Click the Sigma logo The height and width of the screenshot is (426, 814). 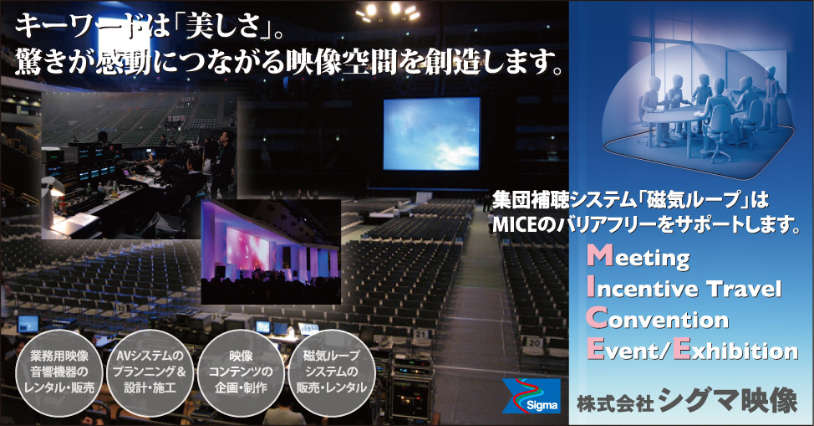coord(531,396)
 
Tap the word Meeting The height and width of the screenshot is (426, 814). coord(638,257)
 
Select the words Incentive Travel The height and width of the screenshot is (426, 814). coord(684,288)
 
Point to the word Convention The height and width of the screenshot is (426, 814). coord(658,319)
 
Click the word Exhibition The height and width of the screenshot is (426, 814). coord(735,350)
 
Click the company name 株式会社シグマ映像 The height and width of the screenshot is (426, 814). coord(687,402)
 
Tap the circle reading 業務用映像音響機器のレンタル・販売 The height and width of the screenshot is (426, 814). coord(59,372)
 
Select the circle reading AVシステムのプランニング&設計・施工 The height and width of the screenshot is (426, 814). coord(150,372)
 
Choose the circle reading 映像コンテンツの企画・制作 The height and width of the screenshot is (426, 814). coord(241,372)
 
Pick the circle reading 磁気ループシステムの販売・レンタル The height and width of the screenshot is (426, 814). coord(332,372)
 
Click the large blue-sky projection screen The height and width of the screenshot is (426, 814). coord(432,134)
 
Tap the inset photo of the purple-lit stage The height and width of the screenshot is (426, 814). coord(271,252)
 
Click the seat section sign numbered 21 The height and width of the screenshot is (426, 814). coord(421,334)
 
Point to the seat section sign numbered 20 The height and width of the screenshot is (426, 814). coord(534,342)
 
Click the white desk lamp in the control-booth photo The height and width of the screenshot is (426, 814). coord(53,187)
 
